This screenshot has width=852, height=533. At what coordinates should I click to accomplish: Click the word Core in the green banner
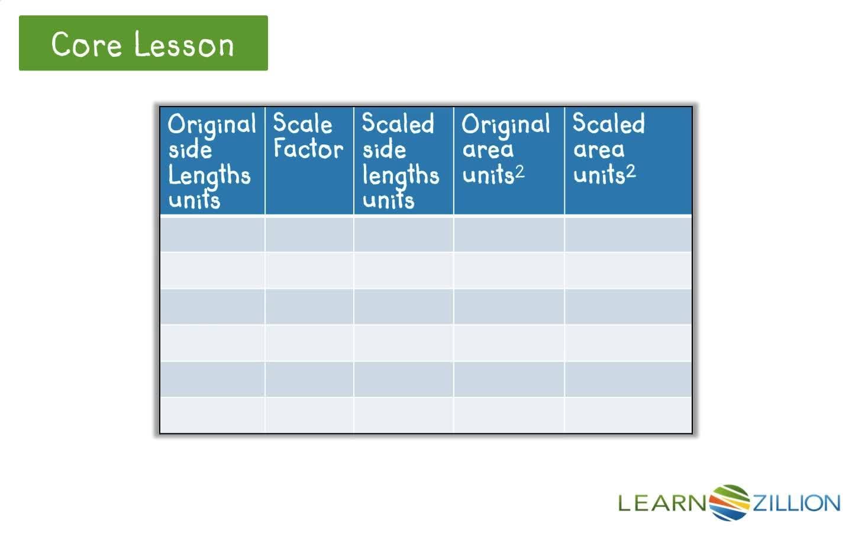click(86, 44)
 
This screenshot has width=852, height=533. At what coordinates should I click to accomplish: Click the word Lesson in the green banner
click(184, 44)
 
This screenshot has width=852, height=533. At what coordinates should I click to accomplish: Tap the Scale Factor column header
click(308, 137)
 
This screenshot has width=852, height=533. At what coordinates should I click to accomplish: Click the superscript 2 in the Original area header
click(519, 172)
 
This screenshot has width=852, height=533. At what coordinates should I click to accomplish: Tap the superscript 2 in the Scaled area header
click(631, 172)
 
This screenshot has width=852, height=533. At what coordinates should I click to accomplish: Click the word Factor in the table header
click(308, 149)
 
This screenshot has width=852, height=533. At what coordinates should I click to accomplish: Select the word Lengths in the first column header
click(209, 175)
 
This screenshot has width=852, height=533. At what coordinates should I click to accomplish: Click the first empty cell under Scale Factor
click(309, 234)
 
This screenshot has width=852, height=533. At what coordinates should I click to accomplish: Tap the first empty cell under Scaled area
click(628, 234)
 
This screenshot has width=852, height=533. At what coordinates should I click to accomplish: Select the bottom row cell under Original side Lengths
click(212, 415)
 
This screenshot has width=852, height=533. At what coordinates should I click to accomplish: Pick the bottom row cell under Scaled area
click(628, 415)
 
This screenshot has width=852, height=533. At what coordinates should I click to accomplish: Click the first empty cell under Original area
click(509, 234)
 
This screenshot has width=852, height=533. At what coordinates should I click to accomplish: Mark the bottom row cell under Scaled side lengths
click(404, 415)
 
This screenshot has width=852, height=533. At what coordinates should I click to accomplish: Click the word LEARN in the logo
click(663, 503)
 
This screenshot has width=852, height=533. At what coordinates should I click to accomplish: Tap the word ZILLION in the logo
click(796, 503)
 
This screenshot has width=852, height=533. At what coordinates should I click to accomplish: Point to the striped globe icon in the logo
click(730, 503)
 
